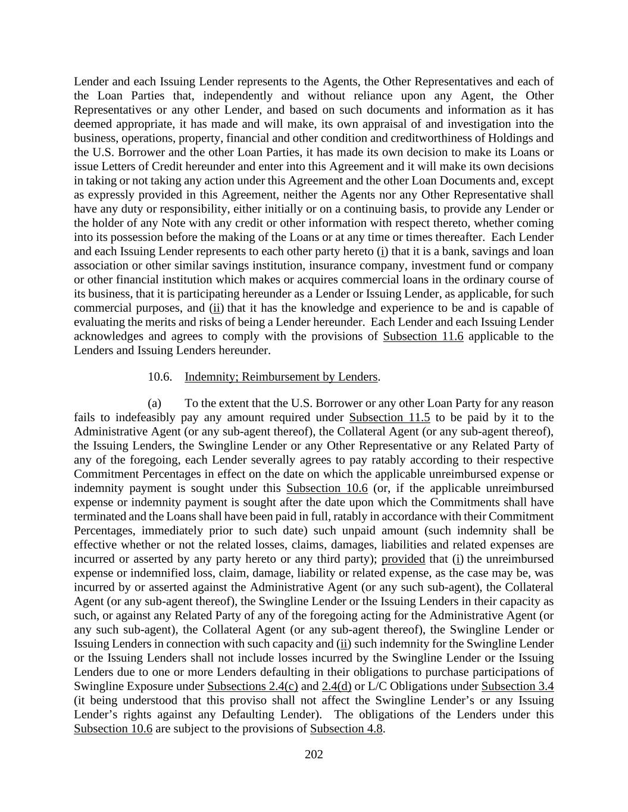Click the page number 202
(314, 755)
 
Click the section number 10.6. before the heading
(160, 377)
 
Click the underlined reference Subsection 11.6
(423, 336)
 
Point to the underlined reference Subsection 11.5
(389, 418)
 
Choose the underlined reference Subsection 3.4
(517, 686)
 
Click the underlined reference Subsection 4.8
(346, 729)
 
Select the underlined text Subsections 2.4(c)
(252, 686)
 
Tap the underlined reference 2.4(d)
(336, 686)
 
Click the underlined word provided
(403, 559)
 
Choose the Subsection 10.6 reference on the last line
(113, 729)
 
